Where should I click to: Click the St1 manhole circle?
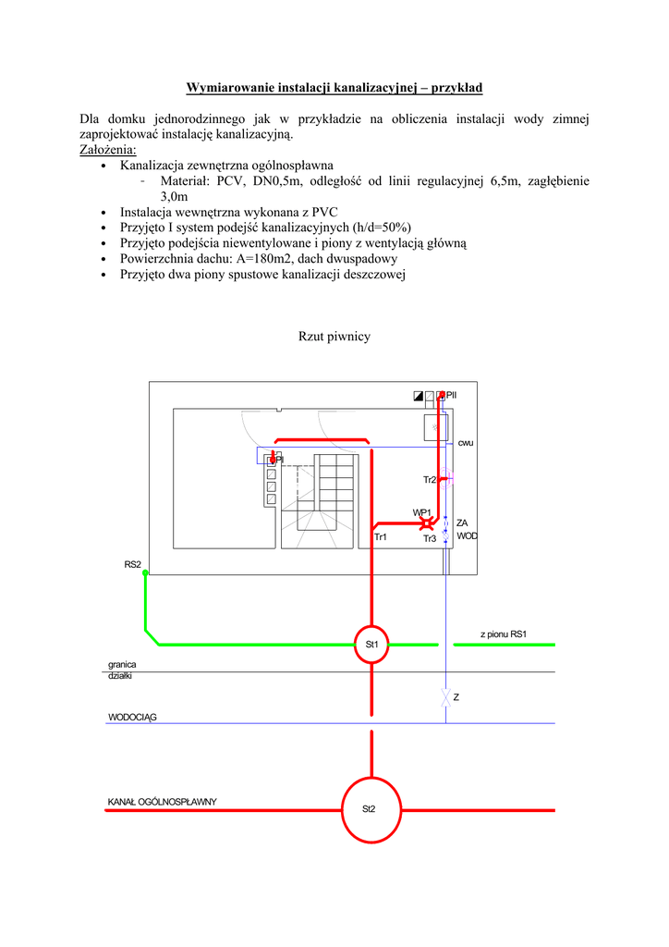(x=372, y=644)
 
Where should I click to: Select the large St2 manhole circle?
(x=370, y=809)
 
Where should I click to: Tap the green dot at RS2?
(x=145, y=572)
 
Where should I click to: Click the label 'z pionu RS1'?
(x=503, y=634)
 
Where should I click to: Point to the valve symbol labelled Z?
(x=446, y=696)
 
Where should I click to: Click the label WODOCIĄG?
(x=132, y=717)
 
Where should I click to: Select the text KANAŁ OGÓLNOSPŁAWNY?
(x=162, y=801)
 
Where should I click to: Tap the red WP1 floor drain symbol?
(x=427, y=523)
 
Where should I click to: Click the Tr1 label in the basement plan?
(x=380, y=537)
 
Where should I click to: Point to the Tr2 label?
(x=430, y=480)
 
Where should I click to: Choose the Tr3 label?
(x=430, y=539)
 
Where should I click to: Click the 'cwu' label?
(x=466, y=443)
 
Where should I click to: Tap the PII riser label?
(x=452, y=395)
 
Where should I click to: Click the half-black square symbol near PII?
(x=419, y=396)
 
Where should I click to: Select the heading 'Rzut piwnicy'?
(x=334, y=337)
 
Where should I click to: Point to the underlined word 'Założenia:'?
(x=107, y=150)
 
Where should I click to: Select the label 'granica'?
(x=122, y=664)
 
